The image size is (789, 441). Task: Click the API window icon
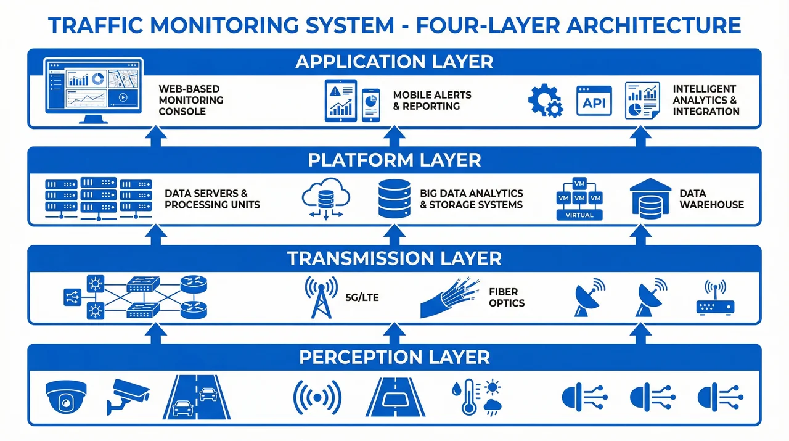[594, 101]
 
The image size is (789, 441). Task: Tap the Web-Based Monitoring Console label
[190, 100]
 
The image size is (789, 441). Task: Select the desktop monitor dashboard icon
[94, 90]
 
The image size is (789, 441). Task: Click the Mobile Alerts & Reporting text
[431, 101]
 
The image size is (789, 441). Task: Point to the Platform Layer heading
[394, 160]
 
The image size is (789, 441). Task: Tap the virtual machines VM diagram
[579, 199]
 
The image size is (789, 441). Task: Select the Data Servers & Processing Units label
[212, 199]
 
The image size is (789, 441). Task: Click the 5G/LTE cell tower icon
[321, 297]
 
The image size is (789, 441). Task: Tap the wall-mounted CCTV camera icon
[128, 395]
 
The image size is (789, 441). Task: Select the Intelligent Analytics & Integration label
[706, 100]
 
